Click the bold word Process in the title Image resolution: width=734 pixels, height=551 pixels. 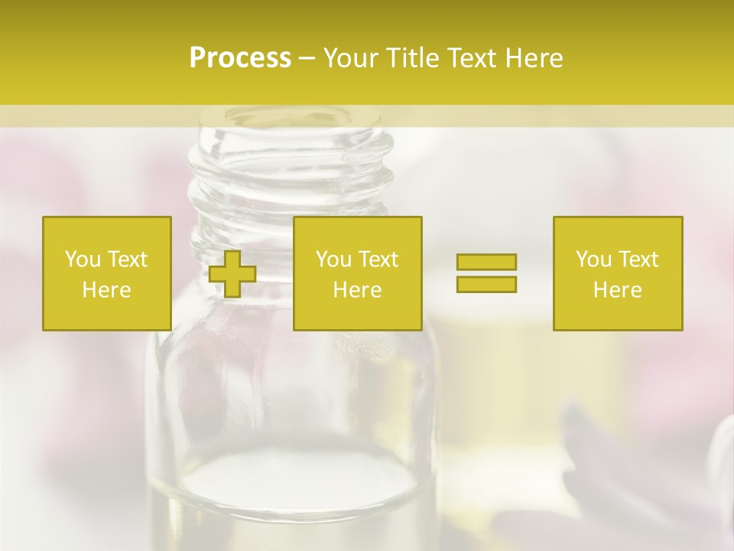click(240, 58)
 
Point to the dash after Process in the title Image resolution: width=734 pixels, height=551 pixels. click(307, 59)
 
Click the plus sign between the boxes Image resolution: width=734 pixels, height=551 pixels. click(232, 274)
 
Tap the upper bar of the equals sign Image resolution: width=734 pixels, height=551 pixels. click(486, 262)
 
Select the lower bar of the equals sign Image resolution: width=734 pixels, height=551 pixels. click(486, 284)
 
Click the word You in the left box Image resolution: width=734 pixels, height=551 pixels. click(81, 259)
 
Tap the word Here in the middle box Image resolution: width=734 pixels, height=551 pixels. click(357, 290)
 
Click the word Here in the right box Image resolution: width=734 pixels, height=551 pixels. click(618, 290)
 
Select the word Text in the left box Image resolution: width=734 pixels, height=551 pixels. click(127, 259)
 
